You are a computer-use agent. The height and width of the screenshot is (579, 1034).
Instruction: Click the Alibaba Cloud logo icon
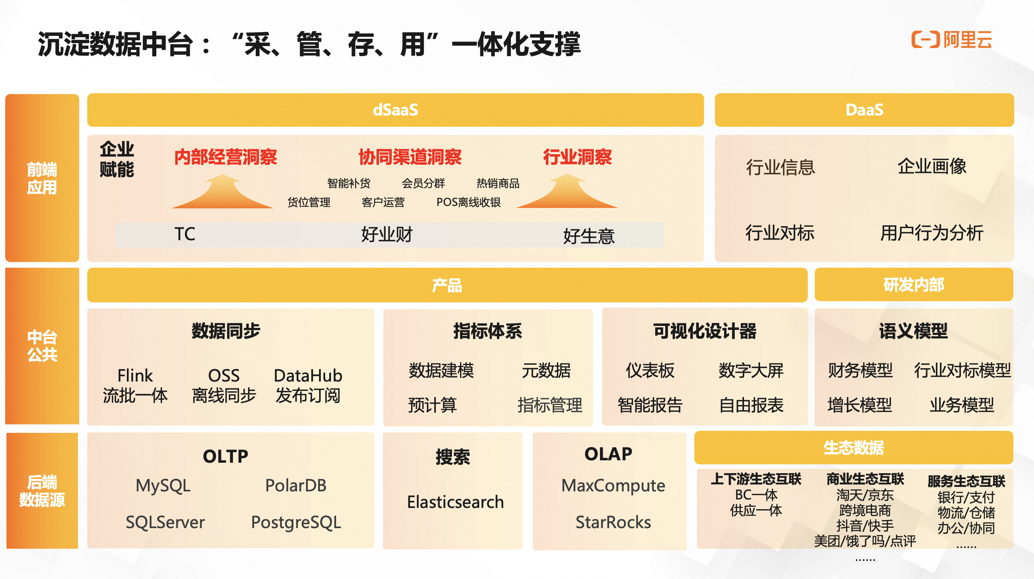[x=925, y=40]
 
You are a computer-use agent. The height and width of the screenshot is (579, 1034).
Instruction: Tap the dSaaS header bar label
[x=395, y=110]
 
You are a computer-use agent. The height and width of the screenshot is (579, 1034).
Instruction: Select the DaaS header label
[x=864, y=110]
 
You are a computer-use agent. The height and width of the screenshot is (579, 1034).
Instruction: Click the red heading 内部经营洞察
[x=225, y=157]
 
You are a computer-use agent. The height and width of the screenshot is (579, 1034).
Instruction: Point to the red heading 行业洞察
[x=577, y=157]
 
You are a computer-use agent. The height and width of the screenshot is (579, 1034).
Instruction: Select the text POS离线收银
[x=469, y=202]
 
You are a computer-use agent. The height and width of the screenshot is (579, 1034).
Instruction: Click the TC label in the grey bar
[x=185, y=234]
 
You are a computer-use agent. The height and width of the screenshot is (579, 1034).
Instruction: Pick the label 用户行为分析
[x=931, y=233]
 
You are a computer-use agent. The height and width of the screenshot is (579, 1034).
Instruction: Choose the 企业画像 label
[x=932, y=166]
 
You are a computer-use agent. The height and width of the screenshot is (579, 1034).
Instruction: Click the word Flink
[x=135, y=376]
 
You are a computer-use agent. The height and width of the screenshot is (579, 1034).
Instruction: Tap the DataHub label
[x=308, y=376]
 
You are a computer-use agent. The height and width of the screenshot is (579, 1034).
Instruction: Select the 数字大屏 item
[x=751, y=370]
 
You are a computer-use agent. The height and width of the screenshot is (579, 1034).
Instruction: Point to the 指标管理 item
[x=550, y=405]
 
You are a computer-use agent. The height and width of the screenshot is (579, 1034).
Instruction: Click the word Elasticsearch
[x=455, y=502]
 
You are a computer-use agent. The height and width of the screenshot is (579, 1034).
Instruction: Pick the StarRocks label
[x=613, y=522]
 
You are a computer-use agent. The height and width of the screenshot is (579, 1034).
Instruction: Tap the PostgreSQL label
[x=296, y=522]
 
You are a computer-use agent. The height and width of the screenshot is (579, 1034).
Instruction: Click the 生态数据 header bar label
[x=853, y=448]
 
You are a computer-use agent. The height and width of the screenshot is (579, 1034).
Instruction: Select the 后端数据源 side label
[x=42, y=491]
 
